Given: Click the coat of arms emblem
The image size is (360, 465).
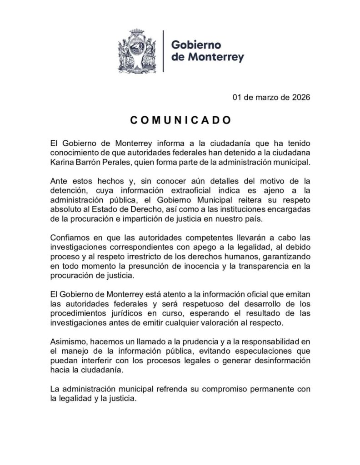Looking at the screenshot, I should click(x=137, y=51).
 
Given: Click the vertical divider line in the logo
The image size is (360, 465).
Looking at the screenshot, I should click(x=163, y=51).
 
